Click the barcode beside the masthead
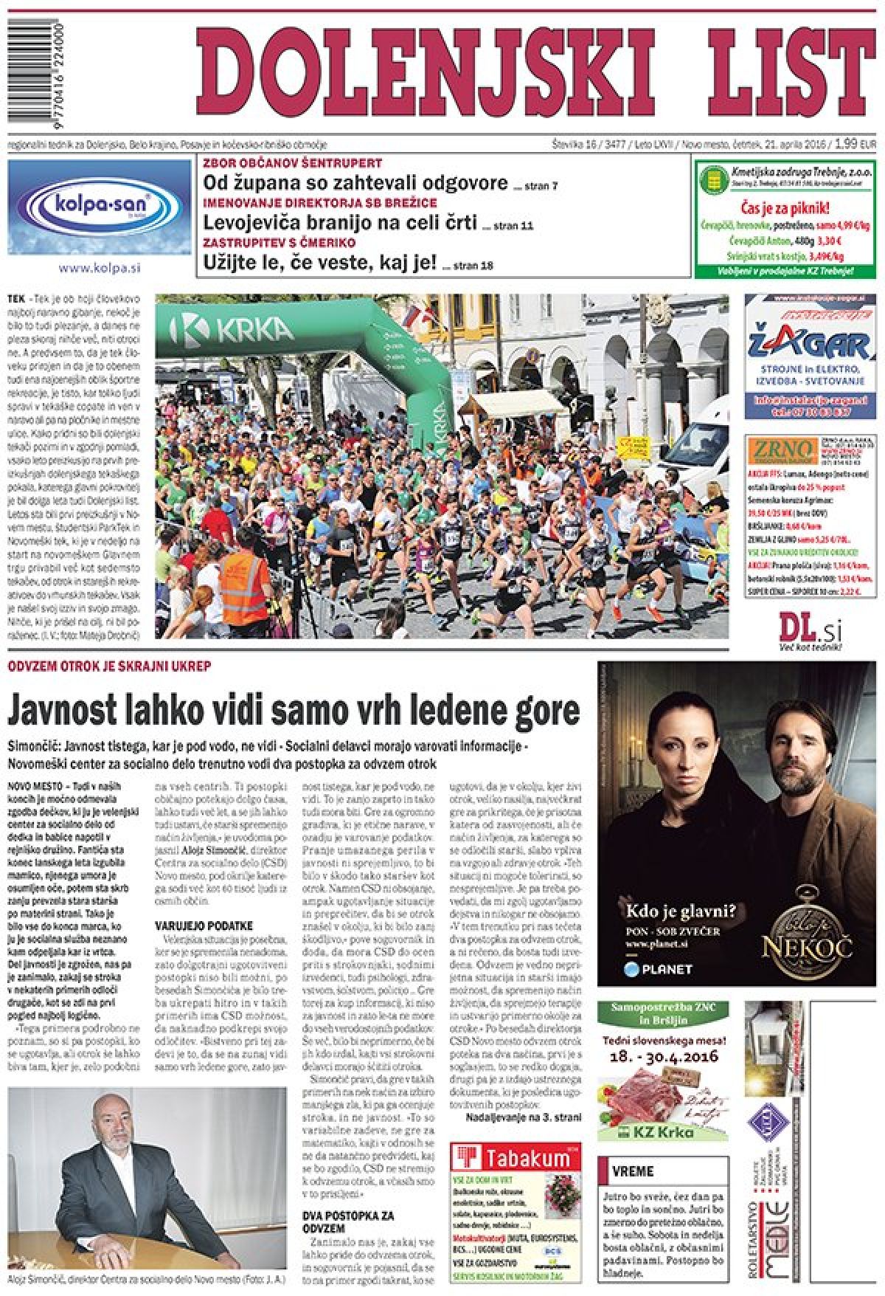click(x=35, y=70)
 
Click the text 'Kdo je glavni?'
click(x=680, y=910)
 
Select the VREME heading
click(x=632, y=1171)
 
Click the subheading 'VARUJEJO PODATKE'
click(x=204, y=926)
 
